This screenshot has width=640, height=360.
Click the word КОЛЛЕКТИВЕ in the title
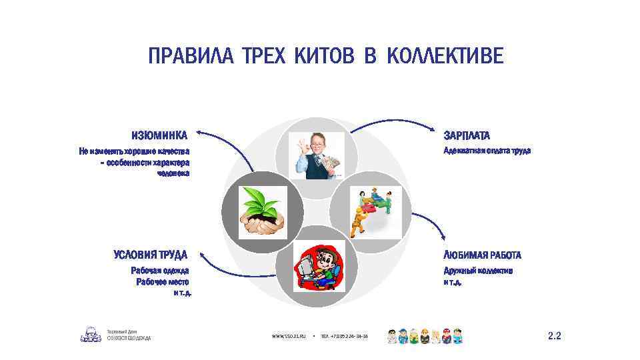445,57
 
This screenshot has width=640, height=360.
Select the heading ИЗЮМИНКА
159,135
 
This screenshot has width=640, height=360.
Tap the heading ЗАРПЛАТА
467,136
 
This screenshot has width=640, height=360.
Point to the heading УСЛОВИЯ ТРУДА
151,255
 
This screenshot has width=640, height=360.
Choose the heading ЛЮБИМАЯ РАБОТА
483,255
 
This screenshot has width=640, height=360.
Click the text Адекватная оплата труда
487,151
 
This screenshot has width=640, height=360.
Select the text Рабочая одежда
160,271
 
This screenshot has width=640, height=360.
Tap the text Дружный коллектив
478,271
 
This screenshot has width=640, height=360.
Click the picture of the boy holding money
317,155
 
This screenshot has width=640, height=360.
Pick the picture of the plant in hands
263,212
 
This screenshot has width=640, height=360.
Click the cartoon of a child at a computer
319,267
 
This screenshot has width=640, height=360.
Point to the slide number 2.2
554,336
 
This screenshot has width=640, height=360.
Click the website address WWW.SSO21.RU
288,337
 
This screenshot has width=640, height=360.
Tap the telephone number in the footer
344,337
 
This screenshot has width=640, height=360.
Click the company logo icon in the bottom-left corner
91,335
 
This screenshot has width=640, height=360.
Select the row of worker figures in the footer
425,335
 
